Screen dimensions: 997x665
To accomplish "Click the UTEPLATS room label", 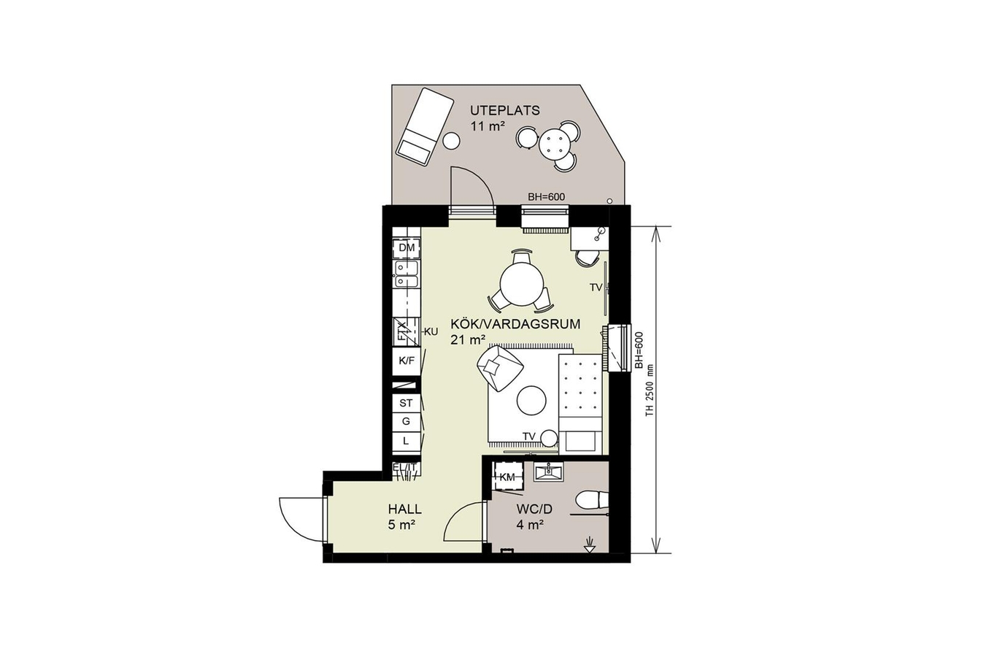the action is coord(505,110).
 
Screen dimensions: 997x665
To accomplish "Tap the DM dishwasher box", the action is coord(407,248).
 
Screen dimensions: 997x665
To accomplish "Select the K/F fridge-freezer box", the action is coord(407,361).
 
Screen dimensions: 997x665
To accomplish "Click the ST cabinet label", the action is coord(406,403).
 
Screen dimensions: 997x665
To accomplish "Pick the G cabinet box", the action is coord(407,421).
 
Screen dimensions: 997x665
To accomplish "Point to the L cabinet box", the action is coord(407,441).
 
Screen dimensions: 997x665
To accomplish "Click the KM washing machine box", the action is coord(507,477).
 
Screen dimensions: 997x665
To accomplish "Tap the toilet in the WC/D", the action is coord(593,499).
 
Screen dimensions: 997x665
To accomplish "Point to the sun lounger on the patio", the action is coord(425,127).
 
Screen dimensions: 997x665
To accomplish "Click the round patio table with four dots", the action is coord(554,143).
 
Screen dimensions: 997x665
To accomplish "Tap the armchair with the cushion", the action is coord(500,369).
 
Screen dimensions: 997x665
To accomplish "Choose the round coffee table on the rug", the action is coord(531,400).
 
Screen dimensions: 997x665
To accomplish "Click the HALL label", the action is coord(404,509).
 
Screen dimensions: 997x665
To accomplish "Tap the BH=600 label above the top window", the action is coord(546,197).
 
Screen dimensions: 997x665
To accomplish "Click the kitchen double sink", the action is coord(95,274).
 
